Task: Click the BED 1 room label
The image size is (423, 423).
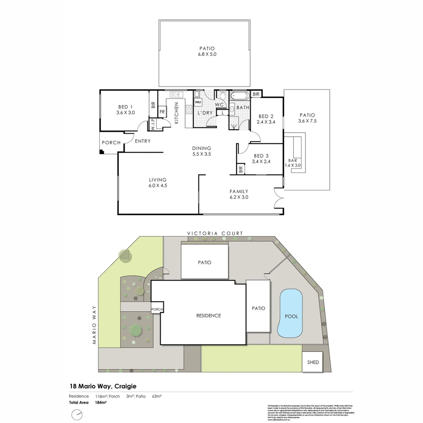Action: coord(125,107)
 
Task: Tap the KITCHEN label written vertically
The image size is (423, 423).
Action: coord(177,114)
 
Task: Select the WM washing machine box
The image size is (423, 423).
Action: coord(198,102)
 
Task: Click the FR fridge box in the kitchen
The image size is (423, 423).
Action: coord(161,112)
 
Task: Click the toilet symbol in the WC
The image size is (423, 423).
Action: coord(222,95)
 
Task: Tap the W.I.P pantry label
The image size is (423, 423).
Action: coord(152,125)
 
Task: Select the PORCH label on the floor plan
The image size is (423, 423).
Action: coord(111,143)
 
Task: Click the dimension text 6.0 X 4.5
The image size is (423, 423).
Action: coord(158,186)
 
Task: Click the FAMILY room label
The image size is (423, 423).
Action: coord(239,192)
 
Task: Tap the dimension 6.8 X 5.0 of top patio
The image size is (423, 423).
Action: coord(207,54)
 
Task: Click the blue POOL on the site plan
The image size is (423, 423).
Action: coord(290,315)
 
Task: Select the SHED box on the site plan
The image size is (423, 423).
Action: coord(313,362)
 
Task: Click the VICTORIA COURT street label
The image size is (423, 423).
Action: coord(215,233)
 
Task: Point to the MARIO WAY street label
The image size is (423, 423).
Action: coord(94,325)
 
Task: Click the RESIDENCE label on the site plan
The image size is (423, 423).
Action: coord(208,316)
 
